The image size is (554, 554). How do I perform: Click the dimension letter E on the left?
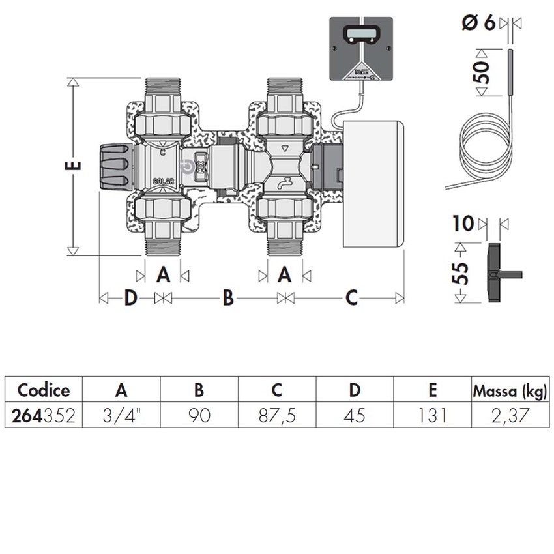pos(76,163)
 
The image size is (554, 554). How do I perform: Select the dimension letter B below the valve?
pos(227,298)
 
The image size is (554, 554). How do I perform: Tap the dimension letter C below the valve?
pos(351,298)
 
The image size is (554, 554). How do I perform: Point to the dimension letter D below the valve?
pos(130,298)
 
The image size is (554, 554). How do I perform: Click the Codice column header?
pos(43,390)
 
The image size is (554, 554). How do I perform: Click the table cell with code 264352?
pos(43,415)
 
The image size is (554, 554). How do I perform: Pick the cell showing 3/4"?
pos(121,415)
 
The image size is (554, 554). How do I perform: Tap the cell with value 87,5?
pos(277,415)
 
